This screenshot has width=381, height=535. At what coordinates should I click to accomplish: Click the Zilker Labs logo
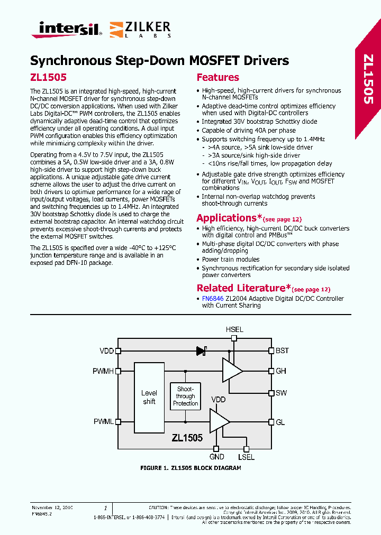(140, 29)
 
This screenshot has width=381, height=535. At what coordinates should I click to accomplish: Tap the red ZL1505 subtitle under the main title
(48, 77)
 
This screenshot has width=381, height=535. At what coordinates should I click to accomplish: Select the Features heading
(217, 77)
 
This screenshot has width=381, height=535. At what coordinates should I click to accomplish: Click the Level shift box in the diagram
(149, 397)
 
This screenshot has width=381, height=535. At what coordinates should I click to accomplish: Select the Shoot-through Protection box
(186, 396)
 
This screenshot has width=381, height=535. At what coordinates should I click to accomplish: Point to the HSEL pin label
(234, 329)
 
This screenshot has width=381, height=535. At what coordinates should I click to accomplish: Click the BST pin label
(282, 350)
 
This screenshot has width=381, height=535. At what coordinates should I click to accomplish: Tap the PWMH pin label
(103, 371)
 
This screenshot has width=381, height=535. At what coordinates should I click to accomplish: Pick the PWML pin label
(103, 422)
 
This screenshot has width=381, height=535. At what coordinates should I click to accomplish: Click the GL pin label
(280, 422)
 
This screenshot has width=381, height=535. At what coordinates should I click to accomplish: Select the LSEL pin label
(246, 456)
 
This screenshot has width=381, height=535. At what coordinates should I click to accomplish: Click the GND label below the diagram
(217, 456)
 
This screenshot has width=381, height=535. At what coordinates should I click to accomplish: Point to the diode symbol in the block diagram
(201, 350)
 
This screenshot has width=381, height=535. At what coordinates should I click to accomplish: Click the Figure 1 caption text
(190, 468)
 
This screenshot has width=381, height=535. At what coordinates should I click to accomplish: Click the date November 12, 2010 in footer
(52, 508)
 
